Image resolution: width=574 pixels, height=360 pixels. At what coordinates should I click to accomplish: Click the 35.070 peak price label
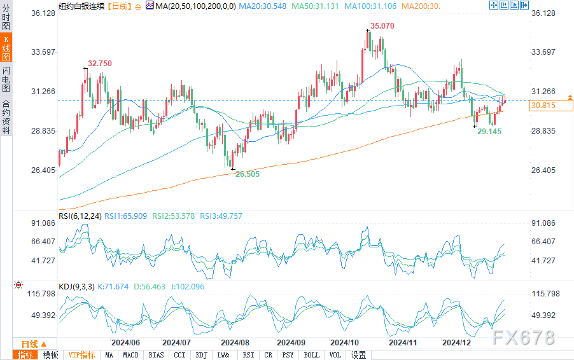click(x=381, y=26)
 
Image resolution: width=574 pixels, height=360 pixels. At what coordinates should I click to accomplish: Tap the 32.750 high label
click(x=100, y=64)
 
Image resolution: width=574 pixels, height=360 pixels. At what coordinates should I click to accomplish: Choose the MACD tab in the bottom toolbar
click(x=130, y=355)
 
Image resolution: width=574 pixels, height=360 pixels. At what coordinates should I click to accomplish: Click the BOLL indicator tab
click(x=311, y=355)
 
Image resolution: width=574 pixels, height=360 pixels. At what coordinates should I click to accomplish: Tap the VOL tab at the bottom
click(x=335, y=355)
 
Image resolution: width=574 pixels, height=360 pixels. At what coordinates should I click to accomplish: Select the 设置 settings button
click(x=358, y=355)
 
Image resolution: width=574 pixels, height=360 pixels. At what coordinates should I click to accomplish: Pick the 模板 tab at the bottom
click(x=51, y=355)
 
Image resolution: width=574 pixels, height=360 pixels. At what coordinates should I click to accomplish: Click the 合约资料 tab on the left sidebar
click(x=6, y=117)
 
